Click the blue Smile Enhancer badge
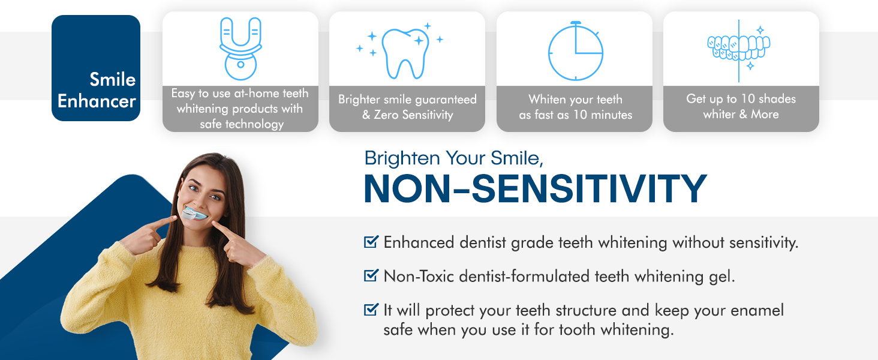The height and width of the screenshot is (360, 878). point(96,68)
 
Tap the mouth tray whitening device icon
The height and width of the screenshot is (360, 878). point(240,49)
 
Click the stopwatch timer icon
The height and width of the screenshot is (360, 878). point(575,51)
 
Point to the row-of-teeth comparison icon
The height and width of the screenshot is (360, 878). point(739,50)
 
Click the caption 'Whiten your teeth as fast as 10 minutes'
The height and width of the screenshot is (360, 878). point(575,107)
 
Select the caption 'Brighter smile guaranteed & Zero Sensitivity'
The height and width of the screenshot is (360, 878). point(407,107)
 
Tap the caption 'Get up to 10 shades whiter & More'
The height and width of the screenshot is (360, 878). point(741,106)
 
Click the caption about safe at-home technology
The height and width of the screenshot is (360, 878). point(240,109)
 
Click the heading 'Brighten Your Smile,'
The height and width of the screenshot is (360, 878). point(454,158)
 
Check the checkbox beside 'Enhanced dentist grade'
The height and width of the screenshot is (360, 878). point(371,242)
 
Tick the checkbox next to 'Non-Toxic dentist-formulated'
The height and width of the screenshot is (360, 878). point(371,275)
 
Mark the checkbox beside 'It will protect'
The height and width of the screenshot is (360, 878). point(371,310)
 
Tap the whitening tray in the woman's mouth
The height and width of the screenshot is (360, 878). point(194,214)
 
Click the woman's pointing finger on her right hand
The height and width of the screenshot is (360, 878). point(161,223)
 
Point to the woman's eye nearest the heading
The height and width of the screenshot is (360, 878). point(215,197)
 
